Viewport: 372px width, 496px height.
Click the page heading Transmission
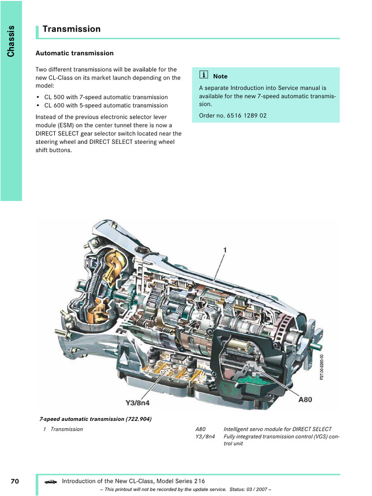tap(71, 29)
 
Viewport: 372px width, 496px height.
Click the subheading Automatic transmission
tap(75, 53)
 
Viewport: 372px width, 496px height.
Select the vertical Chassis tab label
tap(11, 41)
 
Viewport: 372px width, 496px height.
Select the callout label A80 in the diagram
tap(305, 400)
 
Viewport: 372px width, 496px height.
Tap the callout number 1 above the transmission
tap(225, 250)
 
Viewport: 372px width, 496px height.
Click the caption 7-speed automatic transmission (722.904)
tap(95, 419)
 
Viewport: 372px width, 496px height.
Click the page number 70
tap(15, 481)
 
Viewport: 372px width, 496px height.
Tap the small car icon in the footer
tap(50, 481)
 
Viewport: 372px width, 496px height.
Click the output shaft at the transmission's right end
tap(318, 346)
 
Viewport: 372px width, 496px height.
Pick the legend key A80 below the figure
tap(201, 429)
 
